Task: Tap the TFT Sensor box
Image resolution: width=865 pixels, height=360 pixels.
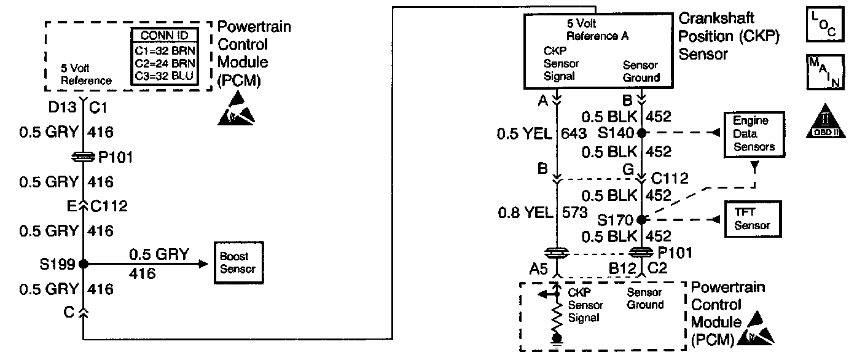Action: (x=752, y=219)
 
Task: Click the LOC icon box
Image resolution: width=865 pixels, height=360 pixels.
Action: (x=824, y=24)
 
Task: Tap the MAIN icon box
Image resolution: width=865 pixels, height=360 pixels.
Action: (x=824, y=71)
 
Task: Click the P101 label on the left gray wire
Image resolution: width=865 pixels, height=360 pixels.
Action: (x=114, y=158)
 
